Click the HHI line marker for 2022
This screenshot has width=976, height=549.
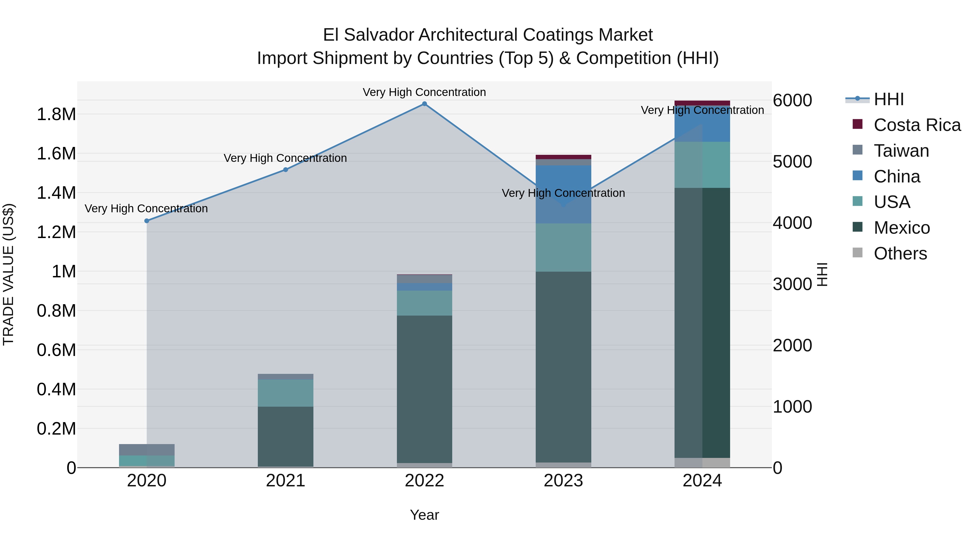[424, 104]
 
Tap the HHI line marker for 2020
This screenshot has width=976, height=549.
[147, 221]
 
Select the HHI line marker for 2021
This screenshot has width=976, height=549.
[286, 170]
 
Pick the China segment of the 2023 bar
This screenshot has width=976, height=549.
[563, 194]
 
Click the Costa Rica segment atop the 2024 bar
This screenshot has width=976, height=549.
[702, 103]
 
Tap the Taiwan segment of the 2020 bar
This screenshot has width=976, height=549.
[147, 450]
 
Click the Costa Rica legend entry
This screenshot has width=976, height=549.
[917, 125]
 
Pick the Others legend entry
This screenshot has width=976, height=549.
[900, 253]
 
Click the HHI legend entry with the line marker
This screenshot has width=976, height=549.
[888, 99]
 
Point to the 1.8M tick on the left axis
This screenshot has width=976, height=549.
[56, 114]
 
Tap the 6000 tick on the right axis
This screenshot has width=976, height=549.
[792, 100]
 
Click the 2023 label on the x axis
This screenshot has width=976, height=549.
[563, 481]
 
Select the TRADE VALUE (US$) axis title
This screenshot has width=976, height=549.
[8, 274]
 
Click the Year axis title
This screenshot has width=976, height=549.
[424, 515]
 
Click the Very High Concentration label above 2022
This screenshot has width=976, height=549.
[424, 92]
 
